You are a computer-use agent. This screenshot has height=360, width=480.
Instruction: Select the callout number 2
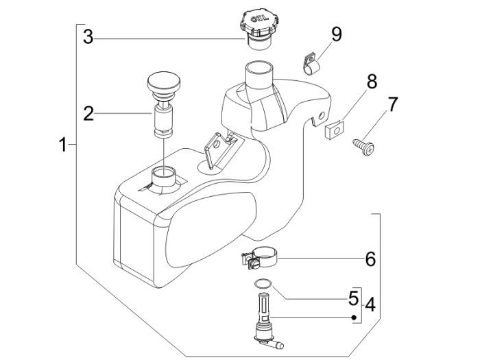click(x=88, y=113)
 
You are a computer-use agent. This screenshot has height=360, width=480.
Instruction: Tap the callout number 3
click(x=88, y=37)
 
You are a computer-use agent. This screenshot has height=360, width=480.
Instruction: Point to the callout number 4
click(x=370, y=302)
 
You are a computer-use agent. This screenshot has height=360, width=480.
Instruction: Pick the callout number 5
click(x=352, y=298)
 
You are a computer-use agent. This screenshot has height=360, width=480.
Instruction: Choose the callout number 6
click(x=370, y=259)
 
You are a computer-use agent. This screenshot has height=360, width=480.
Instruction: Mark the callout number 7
click(x=392, y=105)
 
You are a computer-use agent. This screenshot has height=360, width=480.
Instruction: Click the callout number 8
click(x=371, y=82)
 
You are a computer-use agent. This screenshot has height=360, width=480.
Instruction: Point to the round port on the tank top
click(x=164, y=174)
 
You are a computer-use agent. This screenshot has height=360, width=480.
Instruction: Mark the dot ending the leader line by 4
click(x=353, y=317)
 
